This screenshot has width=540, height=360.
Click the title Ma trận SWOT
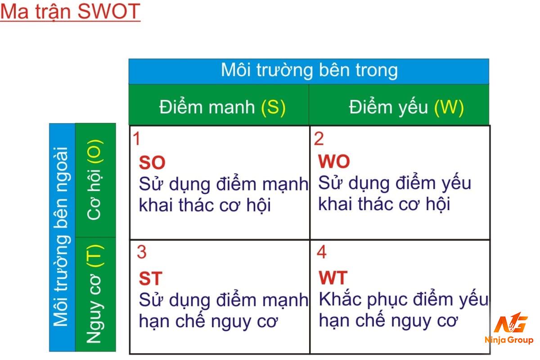coord(70,12)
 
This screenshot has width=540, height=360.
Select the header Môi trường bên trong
coord(309,70)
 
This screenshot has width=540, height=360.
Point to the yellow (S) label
coord(274,107)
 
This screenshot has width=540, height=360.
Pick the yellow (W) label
coord(449,107)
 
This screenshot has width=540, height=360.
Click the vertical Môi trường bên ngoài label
coord(62,237)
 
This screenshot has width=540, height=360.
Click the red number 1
coord(137,139)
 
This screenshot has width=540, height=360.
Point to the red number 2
coord(319,139)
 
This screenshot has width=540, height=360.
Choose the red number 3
coord(141,252)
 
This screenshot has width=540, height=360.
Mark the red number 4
coord(322,252)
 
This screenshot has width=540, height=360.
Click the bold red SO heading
coord(152,162)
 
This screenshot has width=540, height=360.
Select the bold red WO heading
coord(334,161)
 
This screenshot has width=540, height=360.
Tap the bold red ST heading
coord(151,279)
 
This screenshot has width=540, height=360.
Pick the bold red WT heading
coord(333,278)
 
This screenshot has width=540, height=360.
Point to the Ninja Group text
coord(509,340)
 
